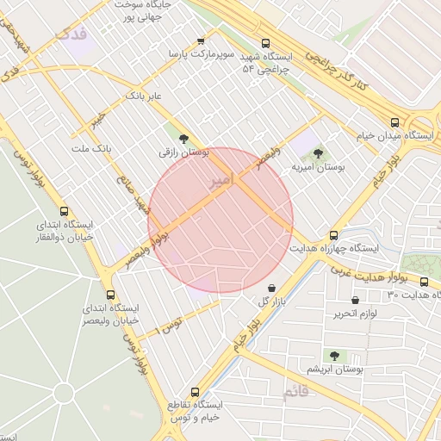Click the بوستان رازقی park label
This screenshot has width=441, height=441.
point(183,152)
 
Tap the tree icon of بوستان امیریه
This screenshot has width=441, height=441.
point(319,153)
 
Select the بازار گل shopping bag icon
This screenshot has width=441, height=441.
point(272,289)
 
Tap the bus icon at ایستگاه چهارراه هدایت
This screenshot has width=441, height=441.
point(334,235)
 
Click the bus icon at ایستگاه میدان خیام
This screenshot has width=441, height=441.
point(394,122)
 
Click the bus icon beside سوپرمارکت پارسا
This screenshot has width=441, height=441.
point(202,40)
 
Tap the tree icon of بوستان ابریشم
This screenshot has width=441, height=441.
point(334,356)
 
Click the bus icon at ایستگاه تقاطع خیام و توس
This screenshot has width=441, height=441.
point(196,391)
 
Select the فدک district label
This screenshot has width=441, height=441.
point(71,34)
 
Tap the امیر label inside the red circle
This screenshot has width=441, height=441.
point(220,183)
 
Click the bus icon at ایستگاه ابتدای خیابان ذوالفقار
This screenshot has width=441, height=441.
point(65,211)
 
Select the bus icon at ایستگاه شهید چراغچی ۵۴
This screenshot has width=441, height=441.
point(264,40)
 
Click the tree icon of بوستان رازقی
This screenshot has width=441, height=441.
point(183,137)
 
